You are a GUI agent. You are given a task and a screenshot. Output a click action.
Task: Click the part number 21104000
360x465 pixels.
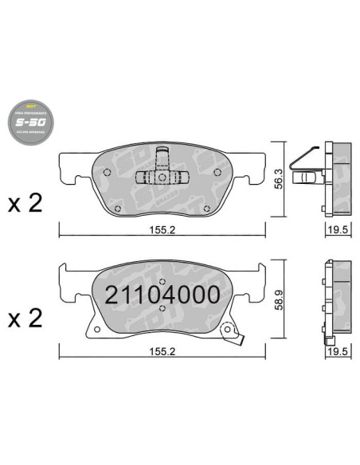(162, 295)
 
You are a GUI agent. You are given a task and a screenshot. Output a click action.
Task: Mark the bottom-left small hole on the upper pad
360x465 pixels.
(117, 209)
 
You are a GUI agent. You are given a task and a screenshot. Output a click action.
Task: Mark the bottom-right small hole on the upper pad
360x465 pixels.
(206, 209)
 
